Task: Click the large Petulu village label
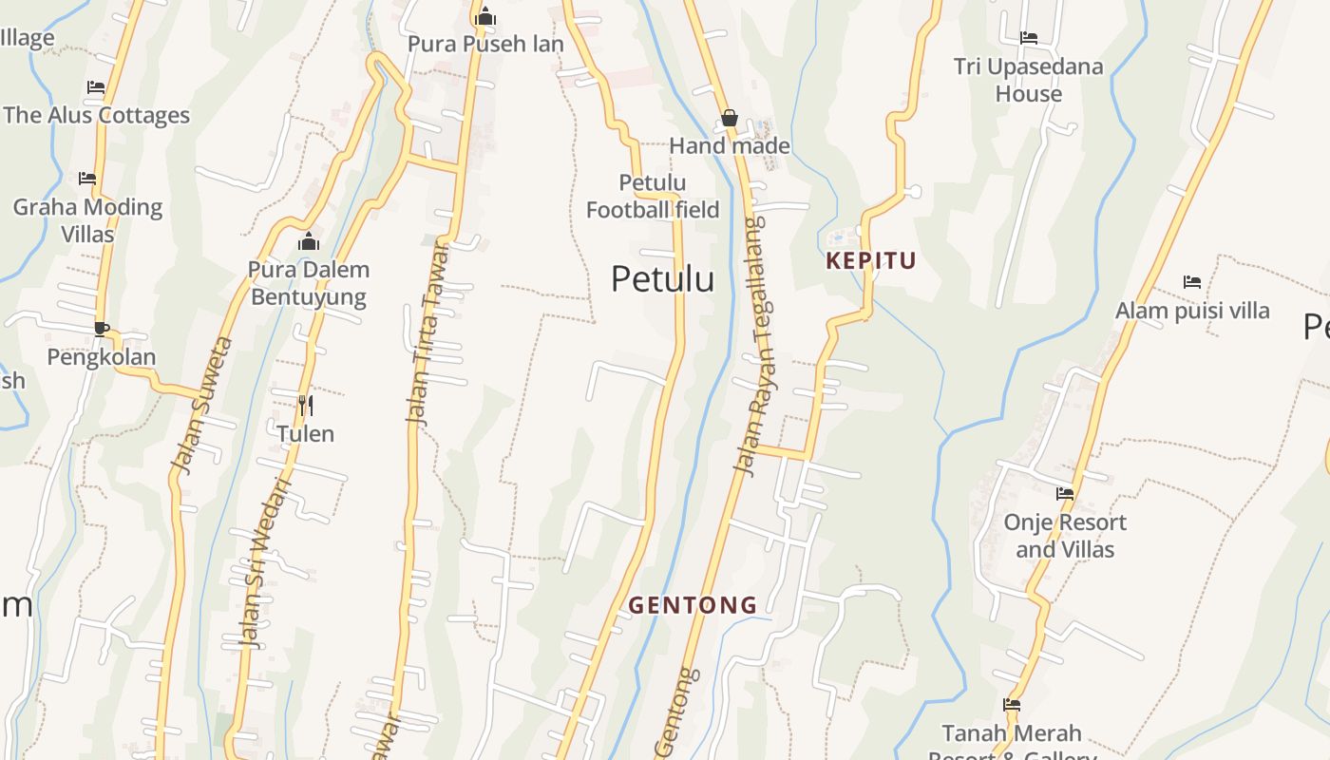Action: click(662, 279)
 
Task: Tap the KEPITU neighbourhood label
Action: click(870, 260)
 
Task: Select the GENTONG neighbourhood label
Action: click(693, 605)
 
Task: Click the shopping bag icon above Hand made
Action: click(730, 119)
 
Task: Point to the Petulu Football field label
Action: click(653, 196)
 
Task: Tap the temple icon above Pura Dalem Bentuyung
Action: click(308, 242)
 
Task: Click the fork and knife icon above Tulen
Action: click(305, 406)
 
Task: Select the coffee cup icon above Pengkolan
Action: click(101, 330)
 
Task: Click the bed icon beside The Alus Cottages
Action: click(96, 87)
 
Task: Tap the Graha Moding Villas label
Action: click(87, 220)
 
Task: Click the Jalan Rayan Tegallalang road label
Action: click(756, 347)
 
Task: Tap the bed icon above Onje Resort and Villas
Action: click(1065, 494)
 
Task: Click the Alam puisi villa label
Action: click(1191, 311)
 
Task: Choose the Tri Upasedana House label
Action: click(1028, 80)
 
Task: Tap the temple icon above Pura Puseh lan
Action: click(485, 17)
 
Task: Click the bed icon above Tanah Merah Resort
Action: click(1012, 705)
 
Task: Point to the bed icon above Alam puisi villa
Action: click(1191, 282)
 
